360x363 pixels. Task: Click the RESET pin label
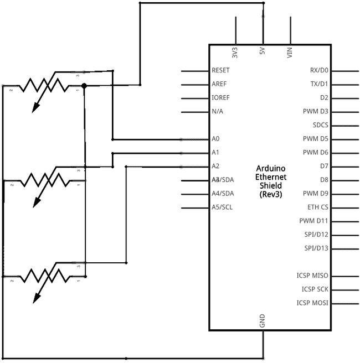pos(220,71)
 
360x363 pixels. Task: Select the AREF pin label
pos(219,84)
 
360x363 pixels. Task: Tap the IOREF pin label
pos(220,98)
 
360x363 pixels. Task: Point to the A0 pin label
pos(215,139)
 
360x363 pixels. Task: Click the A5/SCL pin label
pos(223,208)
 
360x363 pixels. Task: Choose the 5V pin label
pos(262,52)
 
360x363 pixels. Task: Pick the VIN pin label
pos(290,53)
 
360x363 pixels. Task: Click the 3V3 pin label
pos(235,53)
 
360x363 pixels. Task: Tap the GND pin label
pos(262,320)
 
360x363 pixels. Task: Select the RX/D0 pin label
pos(319,71)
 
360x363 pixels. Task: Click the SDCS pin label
pos(321,125)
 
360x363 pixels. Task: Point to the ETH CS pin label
pos(318,208)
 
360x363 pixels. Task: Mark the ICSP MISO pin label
pos(312,276)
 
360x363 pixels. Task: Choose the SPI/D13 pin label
pos(316,248)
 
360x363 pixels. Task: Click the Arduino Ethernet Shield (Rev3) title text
pos(270,181)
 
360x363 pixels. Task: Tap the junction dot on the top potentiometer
pos(84,85)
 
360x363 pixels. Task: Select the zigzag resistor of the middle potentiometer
pos(44,180)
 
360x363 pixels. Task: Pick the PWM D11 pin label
pos(314,221)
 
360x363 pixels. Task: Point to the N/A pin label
pos(217,112)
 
